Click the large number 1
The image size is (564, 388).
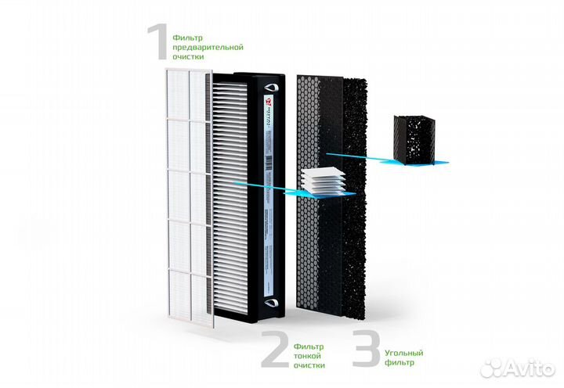click(x=159, y=41)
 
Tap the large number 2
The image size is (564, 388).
click(x=273, y=349)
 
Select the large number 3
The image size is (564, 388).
click(x=364, y=349)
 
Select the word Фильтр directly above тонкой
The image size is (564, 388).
click(x=307, y=345)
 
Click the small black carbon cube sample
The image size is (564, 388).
click(x=412, y=141)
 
